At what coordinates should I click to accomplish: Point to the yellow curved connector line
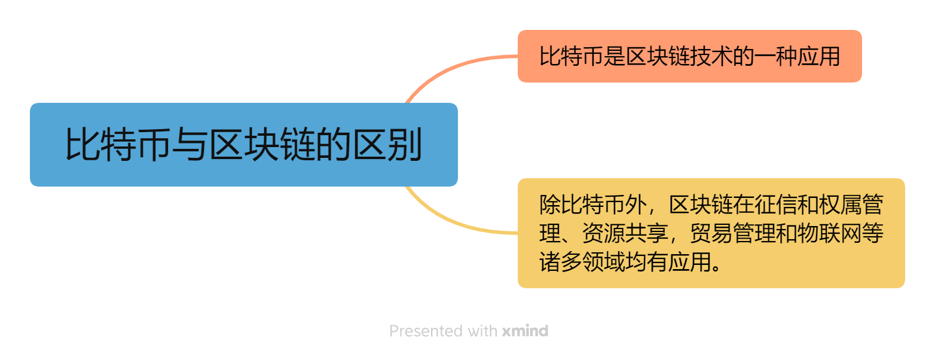(x=454, y=222)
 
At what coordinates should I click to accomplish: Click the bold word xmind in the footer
(x=525, y=331)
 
